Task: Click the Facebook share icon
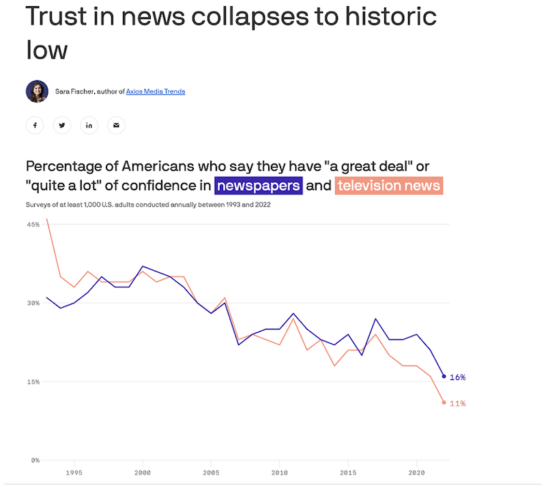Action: point(35,126)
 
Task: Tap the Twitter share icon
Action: point(62,126)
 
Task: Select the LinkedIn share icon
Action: point(89,126)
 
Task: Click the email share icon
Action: point(116,126)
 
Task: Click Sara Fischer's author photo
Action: point(37,91)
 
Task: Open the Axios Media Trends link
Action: point(156,91)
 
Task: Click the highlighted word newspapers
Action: point(258,185)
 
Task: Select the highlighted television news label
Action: point(389,185)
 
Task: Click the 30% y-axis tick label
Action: point(33,303)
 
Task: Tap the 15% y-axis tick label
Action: point(33,381)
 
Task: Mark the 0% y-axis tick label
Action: point(34,460)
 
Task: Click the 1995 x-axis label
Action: point(74,472)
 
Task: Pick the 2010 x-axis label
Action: point(279,472)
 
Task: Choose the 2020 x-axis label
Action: point(416,472)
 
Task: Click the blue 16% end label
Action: point(457,377)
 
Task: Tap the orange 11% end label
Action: point(457,404)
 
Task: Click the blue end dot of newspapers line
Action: point(444,377)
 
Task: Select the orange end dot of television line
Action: point(444,402)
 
